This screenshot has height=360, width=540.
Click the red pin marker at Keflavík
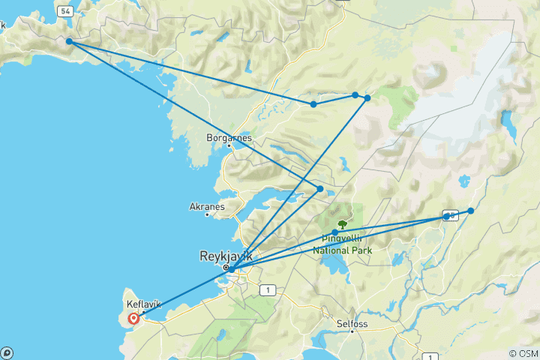133,318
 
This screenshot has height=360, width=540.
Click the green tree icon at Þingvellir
343,223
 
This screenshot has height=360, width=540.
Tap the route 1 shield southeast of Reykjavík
265,289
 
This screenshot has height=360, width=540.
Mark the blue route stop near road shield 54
69,42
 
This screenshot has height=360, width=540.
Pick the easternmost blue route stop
471,211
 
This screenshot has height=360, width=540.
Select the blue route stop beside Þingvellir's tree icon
334,232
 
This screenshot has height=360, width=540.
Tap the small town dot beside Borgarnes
229,145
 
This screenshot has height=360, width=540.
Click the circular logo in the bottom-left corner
6,352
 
